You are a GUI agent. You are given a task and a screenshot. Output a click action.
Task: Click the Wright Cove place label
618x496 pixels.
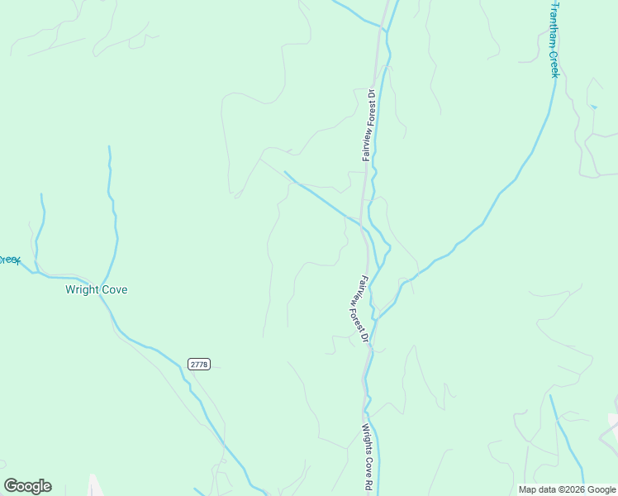tap(97, 290)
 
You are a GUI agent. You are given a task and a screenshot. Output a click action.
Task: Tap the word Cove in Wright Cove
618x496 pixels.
tap(114, 290)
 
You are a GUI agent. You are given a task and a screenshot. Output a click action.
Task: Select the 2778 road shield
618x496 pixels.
tap(199, 364)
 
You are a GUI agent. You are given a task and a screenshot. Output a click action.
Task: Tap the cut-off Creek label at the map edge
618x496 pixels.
tap(8, 260)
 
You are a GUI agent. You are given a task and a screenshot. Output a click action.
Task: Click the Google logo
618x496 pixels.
tap(27, 486)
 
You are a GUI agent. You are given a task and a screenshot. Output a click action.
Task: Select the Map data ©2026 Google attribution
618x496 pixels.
tap(566, 489)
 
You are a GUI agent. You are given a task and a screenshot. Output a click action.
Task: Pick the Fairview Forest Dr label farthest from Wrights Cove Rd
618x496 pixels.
tap(368, 124)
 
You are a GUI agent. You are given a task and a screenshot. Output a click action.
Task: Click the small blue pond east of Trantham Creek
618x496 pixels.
tap(593, 107)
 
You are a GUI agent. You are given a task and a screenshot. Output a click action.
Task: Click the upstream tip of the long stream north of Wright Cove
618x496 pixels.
tap(109, 147)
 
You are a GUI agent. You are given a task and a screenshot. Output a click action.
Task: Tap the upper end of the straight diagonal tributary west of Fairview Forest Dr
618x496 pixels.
tap(285, 172)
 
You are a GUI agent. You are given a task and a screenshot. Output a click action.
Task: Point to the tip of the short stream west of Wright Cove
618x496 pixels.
tap(41, 195)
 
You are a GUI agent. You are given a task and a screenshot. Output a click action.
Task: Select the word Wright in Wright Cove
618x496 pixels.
tap(83, 290)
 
